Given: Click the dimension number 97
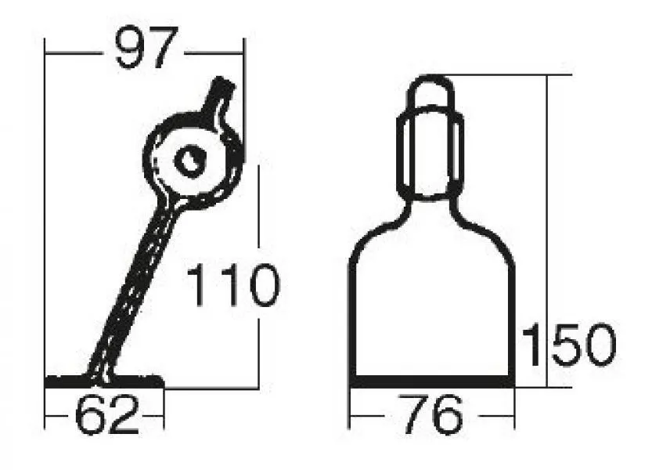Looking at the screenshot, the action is tap(147, 47).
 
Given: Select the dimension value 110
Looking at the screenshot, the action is tap(234, 286).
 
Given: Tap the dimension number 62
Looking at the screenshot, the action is tap(107, 414).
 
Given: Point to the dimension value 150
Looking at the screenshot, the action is tap(569, 345).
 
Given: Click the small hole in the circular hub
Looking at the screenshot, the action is tap(190, 161).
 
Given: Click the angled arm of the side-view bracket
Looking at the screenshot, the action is tap(133, 287).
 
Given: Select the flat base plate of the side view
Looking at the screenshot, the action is tap(104, 381).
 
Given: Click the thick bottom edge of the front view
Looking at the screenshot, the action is tap(432, 381).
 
